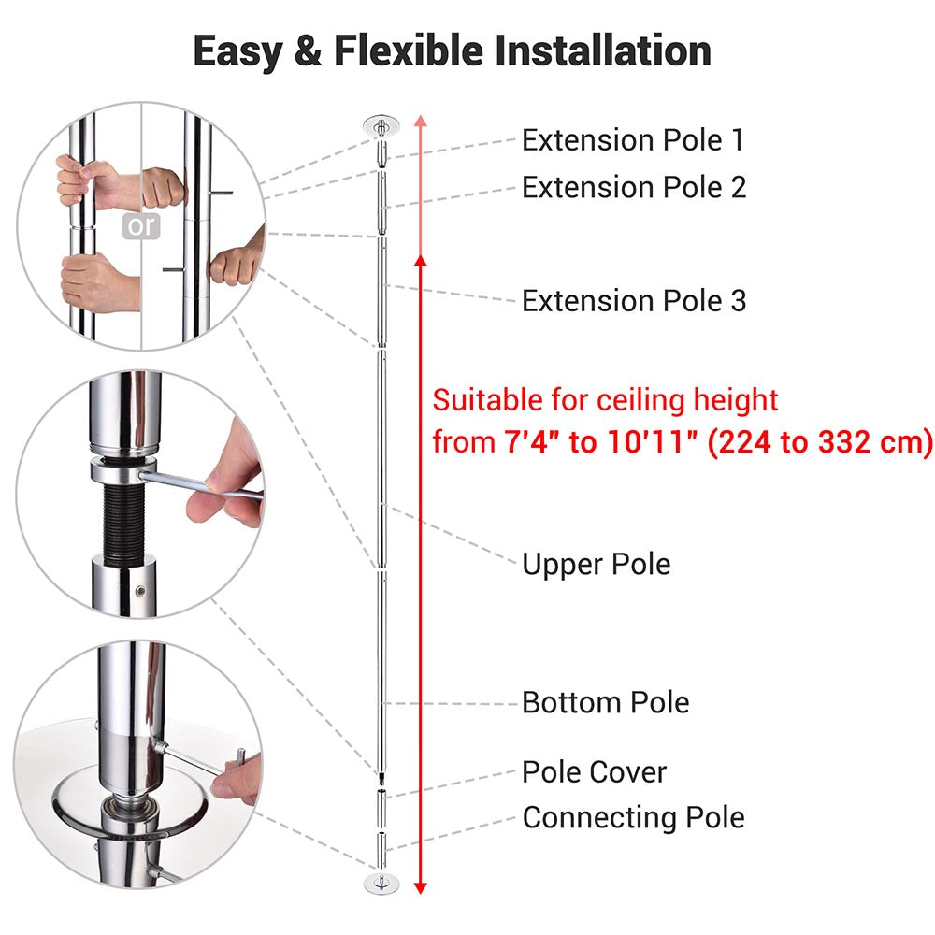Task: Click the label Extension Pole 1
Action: tap(633, 141)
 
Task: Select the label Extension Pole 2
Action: tap(634, 187)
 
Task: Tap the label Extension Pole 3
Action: tap(634, 300)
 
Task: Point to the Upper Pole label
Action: tap(597, 564)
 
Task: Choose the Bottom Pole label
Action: tap(606, 702)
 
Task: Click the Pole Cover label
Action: tap(594, 772)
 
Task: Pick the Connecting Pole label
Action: tap(633, 817)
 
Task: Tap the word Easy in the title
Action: tap(237, 52)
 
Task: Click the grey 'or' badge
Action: tap(141, 226)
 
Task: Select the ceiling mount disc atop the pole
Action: tap(381, 126)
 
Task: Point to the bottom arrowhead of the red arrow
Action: tap(421, 887)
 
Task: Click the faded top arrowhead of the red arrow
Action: tap(421, 121)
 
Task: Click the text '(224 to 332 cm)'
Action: tap(821, 442)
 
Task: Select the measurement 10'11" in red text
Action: tap(653, 442)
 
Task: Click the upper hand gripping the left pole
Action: tap(95, 182)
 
